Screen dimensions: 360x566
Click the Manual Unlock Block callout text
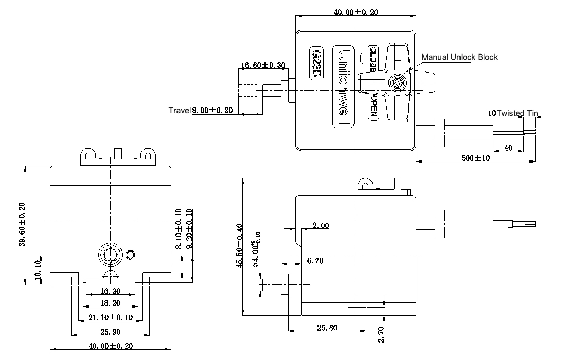pos(459,57)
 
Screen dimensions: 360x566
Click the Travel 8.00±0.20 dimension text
pos(201,110)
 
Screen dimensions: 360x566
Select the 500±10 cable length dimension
pos(475,158)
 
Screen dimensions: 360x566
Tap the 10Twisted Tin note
pos(513,113)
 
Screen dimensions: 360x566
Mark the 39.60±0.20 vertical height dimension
pos(20,225)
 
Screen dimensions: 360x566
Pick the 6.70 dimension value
pos(314,261)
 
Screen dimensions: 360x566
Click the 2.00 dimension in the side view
pos(321,225)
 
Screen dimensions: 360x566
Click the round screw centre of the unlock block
pos(397,82)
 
